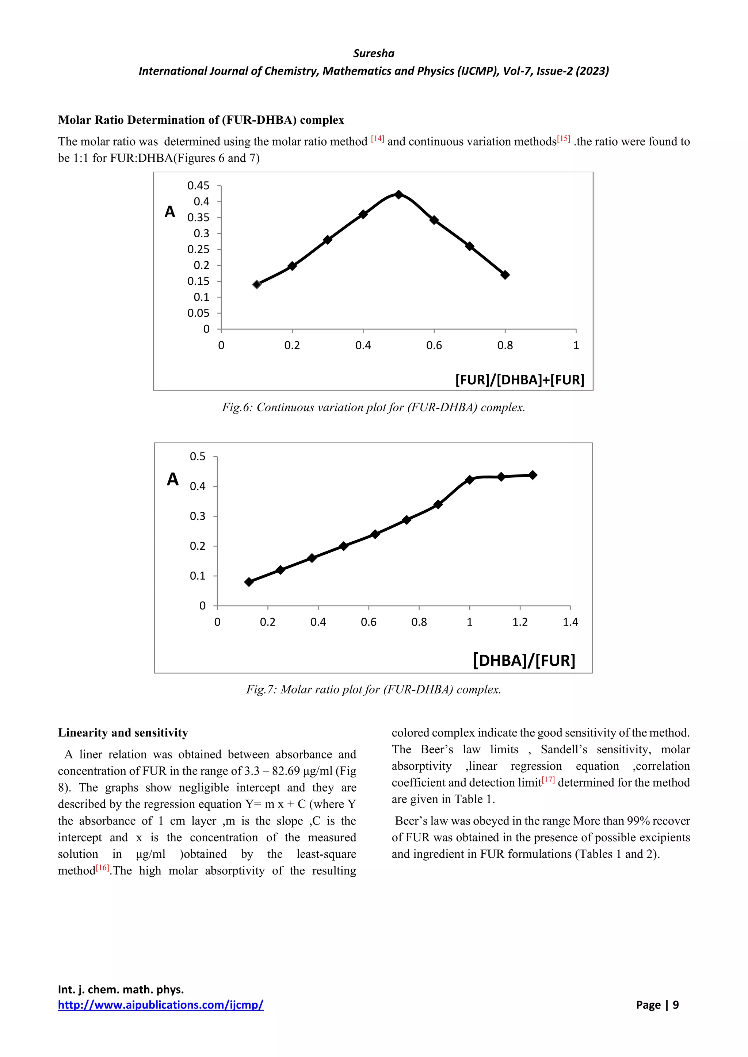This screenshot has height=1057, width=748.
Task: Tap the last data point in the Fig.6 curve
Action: point(505,275)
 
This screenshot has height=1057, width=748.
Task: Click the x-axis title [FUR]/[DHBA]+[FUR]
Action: point(520,380)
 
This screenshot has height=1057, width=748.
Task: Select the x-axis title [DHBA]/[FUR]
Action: point(524,660)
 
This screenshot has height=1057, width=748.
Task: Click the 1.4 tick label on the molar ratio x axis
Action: point(570,622)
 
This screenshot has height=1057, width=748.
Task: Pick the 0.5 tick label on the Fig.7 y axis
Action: point(198,456)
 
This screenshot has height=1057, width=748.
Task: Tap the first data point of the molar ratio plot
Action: point(249,582)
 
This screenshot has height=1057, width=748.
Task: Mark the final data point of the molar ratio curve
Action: point(533,475)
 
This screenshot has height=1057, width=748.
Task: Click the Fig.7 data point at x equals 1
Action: point(470,480)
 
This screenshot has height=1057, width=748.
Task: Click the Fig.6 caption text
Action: point(374,407)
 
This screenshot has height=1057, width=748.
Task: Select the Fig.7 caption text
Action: point(374,689)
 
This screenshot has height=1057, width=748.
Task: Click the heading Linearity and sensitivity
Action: point(123,733)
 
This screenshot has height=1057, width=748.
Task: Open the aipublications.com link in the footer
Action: point(161,1004)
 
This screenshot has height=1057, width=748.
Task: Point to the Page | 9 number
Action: point(657,1004)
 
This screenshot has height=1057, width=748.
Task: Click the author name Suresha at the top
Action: point(374,53)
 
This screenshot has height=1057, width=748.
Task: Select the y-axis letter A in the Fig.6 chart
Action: point(170,212)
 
